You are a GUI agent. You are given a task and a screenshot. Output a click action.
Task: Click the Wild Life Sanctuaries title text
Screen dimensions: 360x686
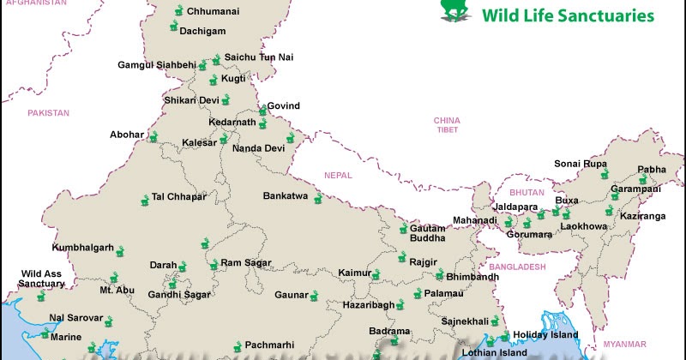pos(569,15)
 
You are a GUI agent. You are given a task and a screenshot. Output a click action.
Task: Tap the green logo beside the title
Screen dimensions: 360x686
pos(456,9)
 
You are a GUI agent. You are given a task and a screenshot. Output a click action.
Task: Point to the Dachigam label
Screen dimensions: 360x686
pos(202,31)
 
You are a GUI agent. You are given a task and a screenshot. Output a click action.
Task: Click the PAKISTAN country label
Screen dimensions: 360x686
pos(48,113)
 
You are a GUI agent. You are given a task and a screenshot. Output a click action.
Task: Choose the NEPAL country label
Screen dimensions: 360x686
pos(338,175)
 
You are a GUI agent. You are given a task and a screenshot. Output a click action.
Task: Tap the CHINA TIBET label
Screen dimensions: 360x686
pos(446,125)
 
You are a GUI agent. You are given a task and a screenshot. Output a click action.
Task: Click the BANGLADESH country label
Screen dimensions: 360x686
pos(519,267)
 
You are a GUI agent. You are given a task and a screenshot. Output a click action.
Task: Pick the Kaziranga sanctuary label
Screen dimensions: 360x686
pos(642,217)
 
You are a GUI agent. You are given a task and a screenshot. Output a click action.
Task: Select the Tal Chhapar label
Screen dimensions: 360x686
pos(179,196)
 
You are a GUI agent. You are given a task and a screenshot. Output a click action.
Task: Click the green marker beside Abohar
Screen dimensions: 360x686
pos(153,137)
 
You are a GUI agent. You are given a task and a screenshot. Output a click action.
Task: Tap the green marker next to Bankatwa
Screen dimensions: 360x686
pos(317,199)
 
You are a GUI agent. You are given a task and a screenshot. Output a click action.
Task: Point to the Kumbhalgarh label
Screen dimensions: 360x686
pos(83,248)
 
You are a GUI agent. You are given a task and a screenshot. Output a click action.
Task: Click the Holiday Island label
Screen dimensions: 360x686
pos(546,334)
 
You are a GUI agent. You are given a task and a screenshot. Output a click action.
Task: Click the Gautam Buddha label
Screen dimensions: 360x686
pos(427,232)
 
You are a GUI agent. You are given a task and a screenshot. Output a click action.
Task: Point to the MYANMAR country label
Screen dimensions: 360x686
pos(625,343)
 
